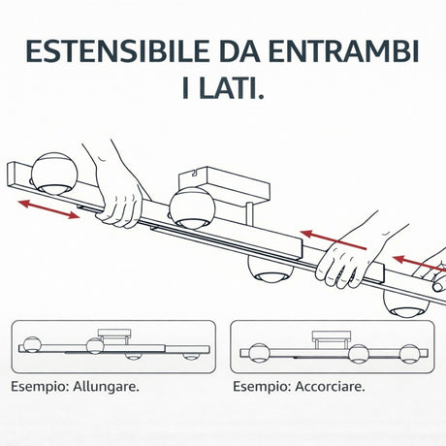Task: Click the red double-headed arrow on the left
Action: (48, 207)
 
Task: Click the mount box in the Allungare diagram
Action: (117, 335)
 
